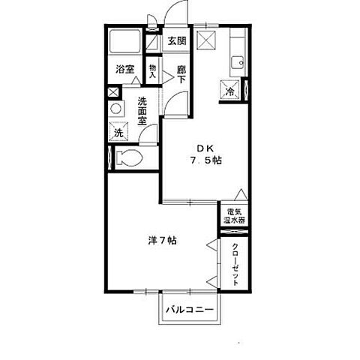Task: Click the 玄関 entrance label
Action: pos(177,40)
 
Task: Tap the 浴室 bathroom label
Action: pos(125,69)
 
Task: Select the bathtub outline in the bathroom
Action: pos(125,41)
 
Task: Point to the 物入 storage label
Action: pos(152,71)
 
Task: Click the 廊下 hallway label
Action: pos(181,74)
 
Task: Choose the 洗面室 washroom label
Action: pos(142,111)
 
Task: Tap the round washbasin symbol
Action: pos(116,109)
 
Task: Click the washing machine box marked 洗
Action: pos(118,131)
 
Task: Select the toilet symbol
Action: pos(129,157)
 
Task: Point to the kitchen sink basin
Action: pos(237,62)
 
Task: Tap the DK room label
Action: pos(205,148)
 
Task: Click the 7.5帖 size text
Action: pos(206,160)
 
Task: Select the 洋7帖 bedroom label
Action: pos(163,241)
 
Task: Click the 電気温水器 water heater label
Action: pos(234,217)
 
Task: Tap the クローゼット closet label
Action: pos(235,265)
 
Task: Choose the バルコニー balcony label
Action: pos(190,310)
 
